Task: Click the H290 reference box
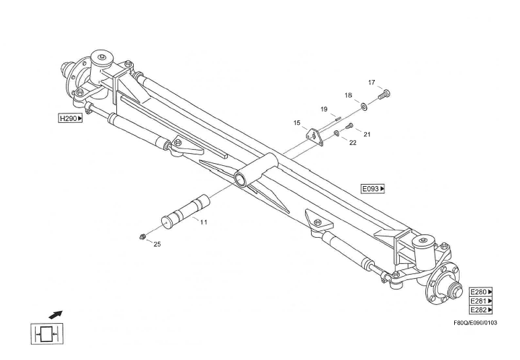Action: pyautogui.click(x=71, y=118)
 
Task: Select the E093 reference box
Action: pyautogui.click(x=373, y=189)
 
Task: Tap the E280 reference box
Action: pyautogui.click(x=481, y=292)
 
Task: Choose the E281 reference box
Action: pyautogui.click(x=481, y=301)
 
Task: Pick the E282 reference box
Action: pyautogui.click(x=481, y=310)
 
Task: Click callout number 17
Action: pyautogui.click(x=372, y=82)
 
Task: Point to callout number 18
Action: pyautogui.click(x=348, y=95)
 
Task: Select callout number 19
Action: pyautogui.click(x=324, y=109)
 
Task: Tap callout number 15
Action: pyautogui.click(x=297, y=123)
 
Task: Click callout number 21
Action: pyautogui.click(x=367, y=134)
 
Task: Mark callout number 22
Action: pyautogui.click(x=353, y=142)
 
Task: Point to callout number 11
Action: pyautogui.click(x=204, y=222)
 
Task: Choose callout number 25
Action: pyautogui.click(x=157, y=244)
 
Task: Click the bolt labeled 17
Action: pyautogui.click(x=385, y=94)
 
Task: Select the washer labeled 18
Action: pyautogui.click(x=364, y=107)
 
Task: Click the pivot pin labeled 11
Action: pyautogui.click(x=185, y=211)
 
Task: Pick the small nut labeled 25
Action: pyautogui.click(x=142, y=236)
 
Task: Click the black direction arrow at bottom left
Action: pyautogui.click(x=55, y=314)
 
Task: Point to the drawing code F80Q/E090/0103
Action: pyautogui.click(x=475, y=322)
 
